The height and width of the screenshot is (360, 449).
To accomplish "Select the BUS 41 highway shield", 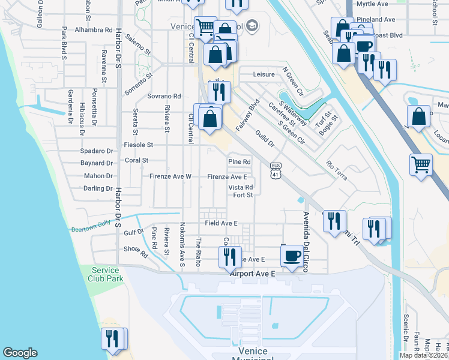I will click(276, 170).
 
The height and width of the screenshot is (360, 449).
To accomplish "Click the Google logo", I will click(20, 353).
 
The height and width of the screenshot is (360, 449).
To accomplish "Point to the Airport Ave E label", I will click(252, 274).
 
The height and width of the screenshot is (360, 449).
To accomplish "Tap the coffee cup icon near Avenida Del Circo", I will click(292, 256).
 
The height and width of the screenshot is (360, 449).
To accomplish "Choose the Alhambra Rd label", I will click(94, 29).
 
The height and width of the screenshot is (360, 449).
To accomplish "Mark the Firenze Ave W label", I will click(170, 177).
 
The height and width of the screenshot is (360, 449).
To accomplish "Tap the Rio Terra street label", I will click(336, 165).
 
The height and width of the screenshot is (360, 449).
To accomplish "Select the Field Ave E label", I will click(221, 223).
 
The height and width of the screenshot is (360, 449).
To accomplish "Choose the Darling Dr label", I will click(98, 188).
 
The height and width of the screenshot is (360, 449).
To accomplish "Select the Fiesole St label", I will click(139, 145).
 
